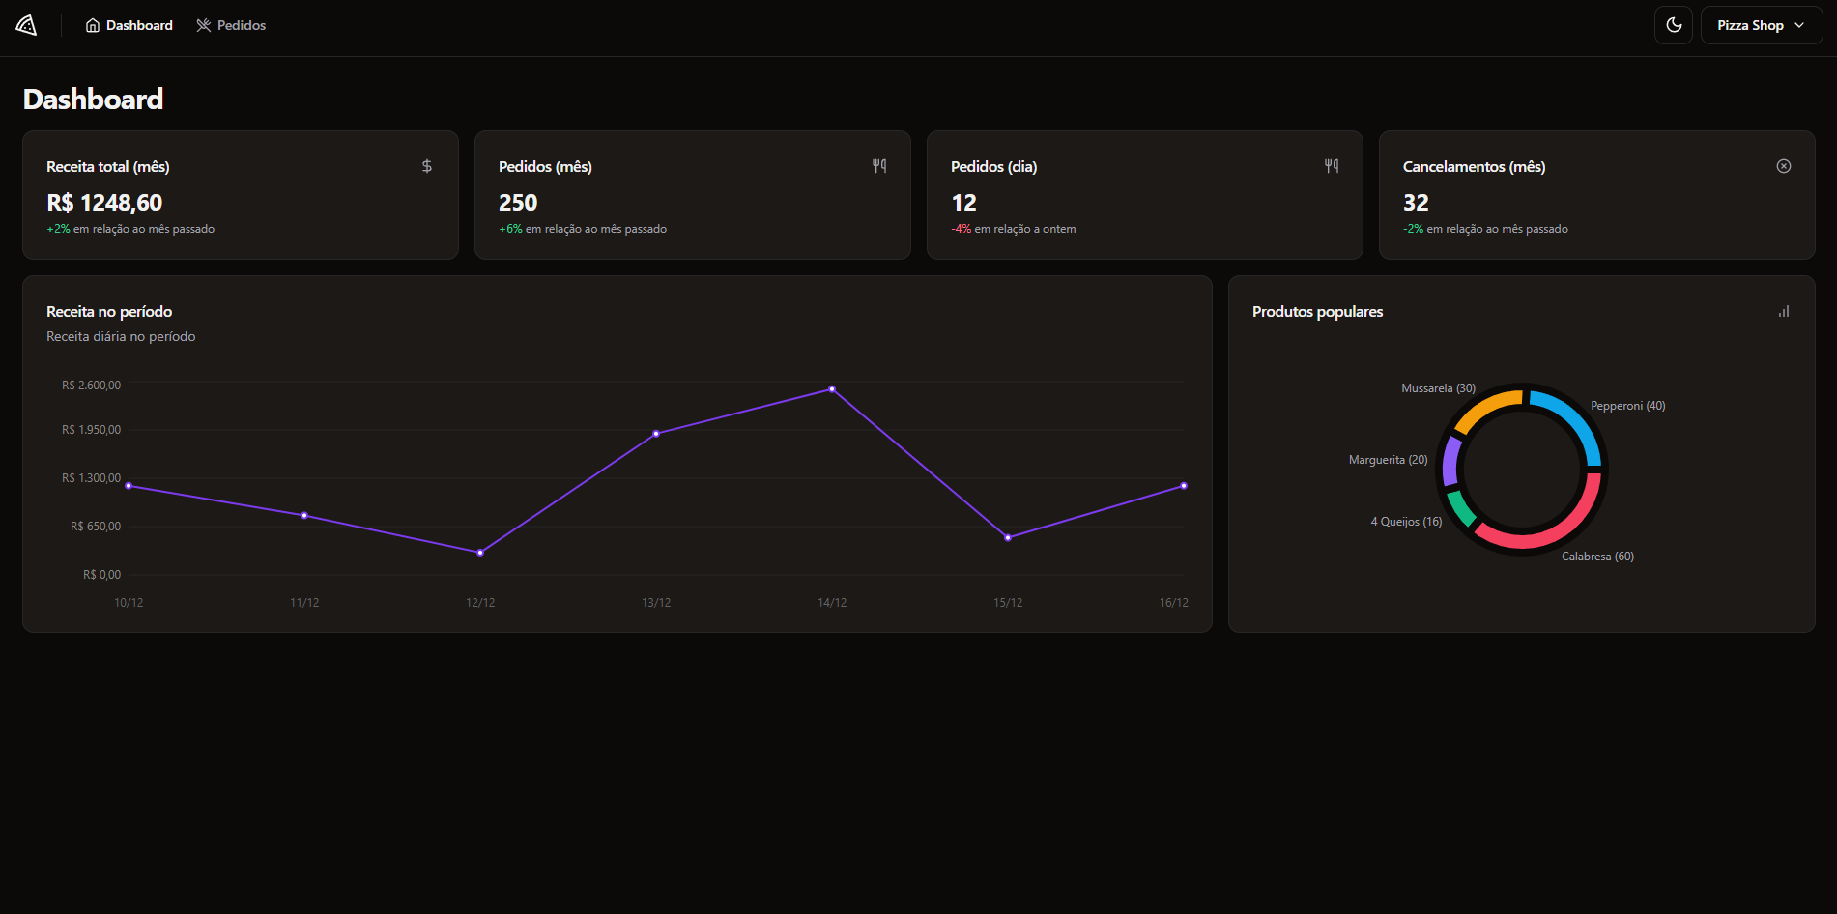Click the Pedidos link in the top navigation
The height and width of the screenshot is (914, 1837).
coord(231,25)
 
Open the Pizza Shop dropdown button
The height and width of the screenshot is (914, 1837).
coord(1761,25)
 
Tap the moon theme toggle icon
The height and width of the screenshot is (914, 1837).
coord(1674,25)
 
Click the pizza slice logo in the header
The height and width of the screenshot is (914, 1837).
coord(26,25)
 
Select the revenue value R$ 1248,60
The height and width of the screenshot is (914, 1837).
coord(104,203)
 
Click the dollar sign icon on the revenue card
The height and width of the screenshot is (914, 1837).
coord(427,166)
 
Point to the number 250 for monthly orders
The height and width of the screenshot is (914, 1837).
coord(518,203)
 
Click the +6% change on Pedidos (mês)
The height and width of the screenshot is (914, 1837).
coord(510,229)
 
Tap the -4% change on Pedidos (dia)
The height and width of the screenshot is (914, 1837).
coord(962,229)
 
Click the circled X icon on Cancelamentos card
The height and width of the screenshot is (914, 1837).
coord(1784,166)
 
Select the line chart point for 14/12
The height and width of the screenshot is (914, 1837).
coord(832,389)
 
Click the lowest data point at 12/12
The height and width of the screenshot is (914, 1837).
coord(480,553)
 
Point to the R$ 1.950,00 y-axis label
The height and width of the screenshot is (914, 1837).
coord(92,430)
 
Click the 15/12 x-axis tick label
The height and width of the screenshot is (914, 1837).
coord(1008,603)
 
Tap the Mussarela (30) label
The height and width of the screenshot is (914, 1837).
coord(1438,388)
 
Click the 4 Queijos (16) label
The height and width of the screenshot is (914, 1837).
coord(1406,522)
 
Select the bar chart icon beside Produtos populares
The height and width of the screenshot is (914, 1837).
coord(1784,311)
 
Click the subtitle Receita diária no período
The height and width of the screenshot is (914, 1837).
coord(121,336)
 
